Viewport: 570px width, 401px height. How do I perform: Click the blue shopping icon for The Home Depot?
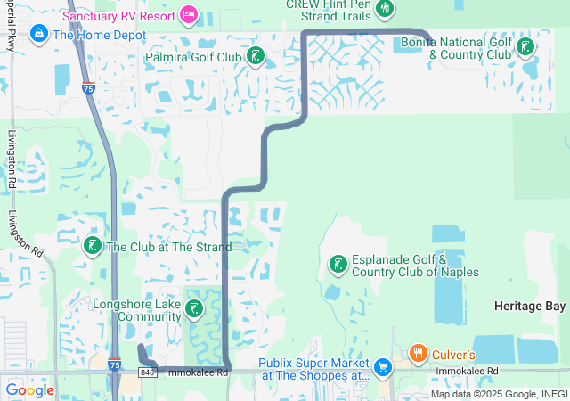click(x=39, y=35)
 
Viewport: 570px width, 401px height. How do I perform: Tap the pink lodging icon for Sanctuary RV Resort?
click(x=188, y=14)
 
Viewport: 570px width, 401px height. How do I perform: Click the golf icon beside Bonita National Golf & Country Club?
click(x=525, y=45)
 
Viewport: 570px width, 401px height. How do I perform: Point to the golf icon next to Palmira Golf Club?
click(x=256, y=58)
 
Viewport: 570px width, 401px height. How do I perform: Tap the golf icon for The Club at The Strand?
click(x=92, y=245)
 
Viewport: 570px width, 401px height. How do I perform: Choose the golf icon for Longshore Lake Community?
click(x=193, y=310)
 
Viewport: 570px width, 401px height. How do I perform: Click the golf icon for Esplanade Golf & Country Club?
click(x=338, y=264)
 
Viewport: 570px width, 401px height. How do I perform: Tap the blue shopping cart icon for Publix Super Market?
click(x=383, y=367)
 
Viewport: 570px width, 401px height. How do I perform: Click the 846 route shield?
click(x=148, y=372)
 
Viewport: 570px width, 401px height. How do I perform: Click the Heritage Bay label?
click(x=530, y=306)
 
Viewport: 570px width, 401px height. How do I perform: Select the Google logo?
click(x=29, y=390)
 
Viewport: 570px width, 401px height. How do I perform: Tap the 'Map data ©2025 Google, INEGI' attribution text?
click(x=499, y=394)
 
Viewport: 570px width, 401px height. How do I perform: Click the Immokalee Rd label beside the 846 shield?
click(x=197, y=372)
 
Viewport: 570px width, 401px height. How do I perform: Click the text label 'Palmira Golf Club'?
click(x=193, y=58)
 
